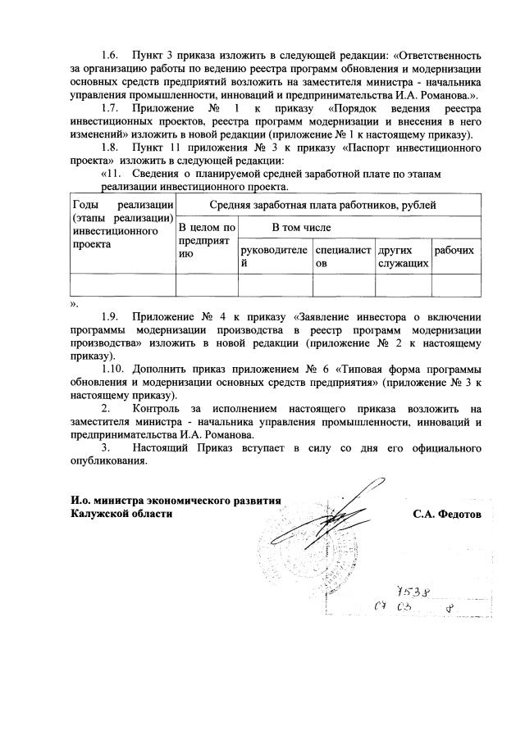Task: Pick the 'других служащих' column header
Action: pos(402,256)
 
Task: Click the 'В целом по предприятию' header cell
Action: pos(207,241)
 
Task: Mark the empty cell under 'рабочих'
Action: pos(455,284)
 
